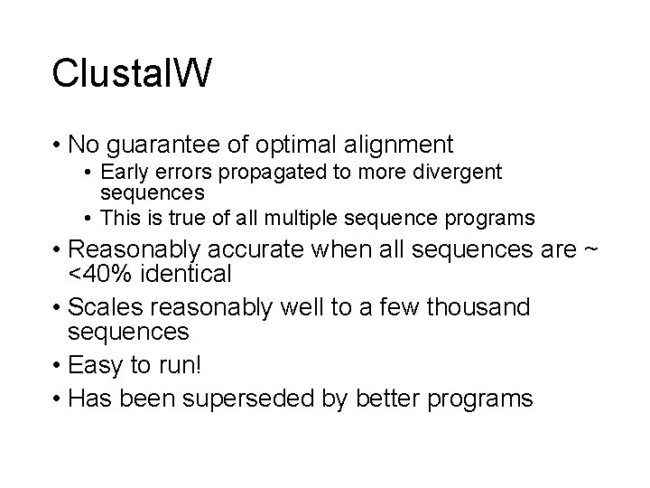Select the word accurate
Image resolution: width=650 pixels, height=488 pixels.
(264, 248)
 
